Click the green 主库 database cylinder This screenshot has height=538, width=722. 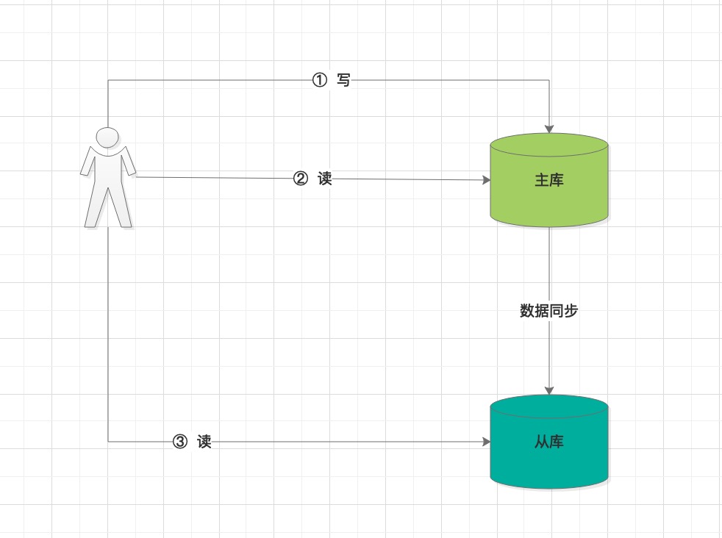pos(549,180)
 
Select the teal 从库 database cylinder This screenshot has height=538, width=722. pos(549,442)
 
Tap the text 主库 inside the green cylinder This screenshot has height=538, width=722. pos(549,180)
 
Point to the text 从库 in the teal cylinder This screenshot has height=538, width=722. pos(549,442)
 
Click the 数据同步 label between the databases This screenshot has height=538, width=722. pos(549,311)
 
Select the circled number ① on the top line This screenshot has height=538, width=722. pos(320,80)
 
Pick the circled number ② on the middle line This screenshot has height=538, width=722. pos(300,179)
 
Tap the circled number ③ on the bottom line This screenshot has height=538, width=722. pos(180,442)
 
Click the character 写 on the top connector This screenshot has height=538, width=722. pos(343,80)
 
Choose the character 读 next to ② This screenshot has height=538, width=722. pos(325,179)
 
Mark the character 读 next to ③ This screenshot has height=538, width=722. pos(204,442)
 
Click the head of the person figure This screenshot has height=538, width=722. pos(107,137)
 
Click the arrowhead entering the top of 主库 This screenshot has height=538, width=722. pos(549,129)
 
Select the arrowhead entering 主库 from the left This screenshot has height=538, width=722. pos(486,180)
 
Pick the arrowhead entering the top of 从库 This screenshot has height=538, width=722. pos(549,390)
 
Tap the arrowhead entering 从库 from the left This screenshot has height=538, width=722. pos(486,442)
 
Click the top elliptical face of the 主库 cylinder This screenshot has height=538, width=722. pos(549,145)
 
